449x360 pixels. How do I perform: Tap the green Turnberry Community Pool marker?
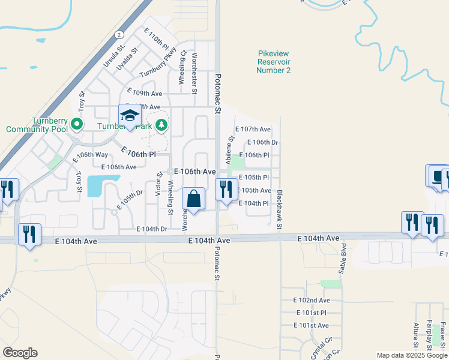pos(76,125)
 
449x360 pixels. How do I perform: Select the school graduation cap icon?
pos(129,115)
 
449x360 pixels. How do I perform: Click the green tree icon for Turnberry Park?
pos(161,125)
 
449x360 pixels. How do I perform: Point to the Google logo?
pos(20,353)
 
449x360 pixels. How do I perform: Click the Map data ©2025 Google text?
pos(412,355)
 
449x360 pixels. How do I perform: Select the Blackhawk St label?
pos(280,209)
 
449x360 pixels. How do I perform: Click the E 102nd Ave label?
pos(312,300)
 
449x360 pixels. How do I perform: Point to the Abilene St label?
pos(228,151)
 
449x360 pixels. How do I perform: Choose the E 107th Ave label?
pos(253,129)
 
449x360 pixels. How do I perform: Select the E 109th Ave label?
pos(144,94)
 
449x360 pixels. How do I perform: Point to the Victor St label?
pos(160,184)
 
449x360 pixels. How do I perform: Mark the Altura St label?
pos(415,335)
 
